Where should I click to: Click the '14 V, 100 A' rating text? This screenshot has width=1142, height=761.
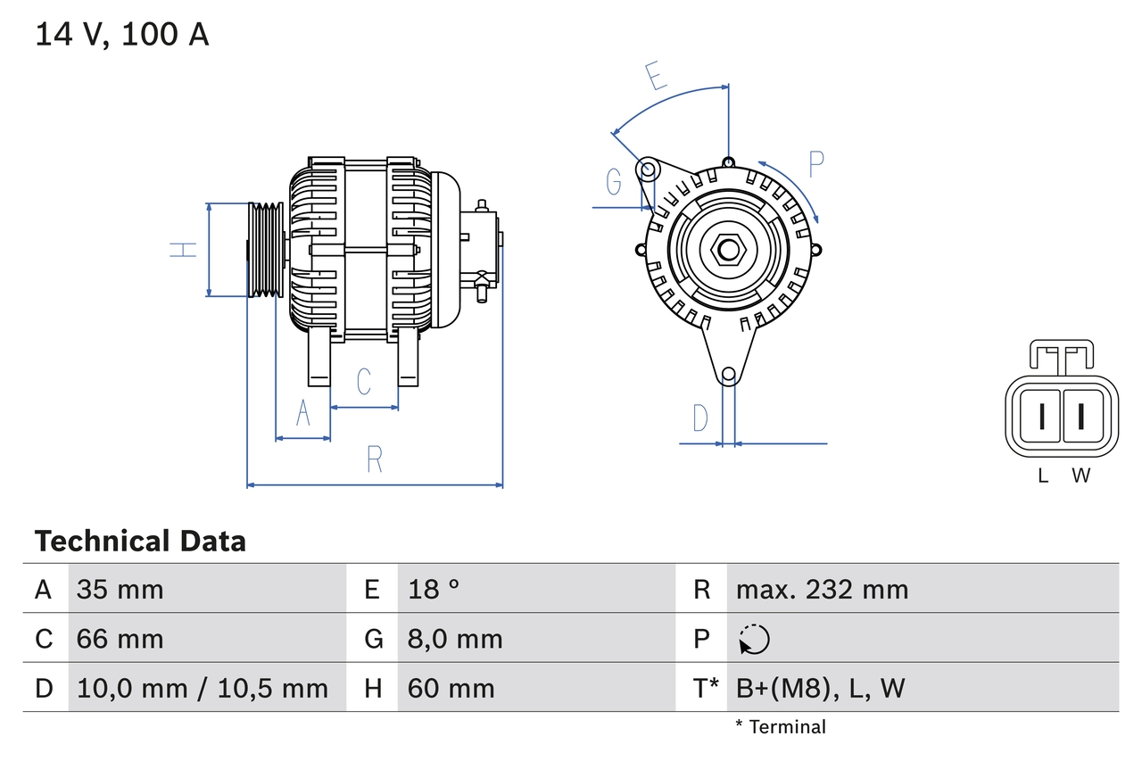pyautogui.click(x=122, y=35)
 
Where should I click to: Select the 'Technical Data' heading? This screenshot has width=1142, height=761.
pyautogui.click(x=140, y=542)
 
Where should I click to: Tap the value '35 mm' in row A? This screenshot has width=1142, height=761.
pyautogui.click(x=120, y=590)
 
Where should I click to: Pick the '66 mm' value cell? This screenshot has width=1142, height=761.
pyautogui.click(x=120, y=639)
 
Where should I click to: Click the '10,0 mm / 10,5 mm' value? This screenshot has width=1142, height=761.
pyautogui.click(x=203, y=688)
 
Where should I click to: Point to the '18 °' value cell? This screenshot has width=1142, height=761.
pyautogui.click(x=434, y=590)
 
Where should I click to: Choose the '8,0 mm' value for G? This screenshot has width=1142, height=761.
pyautogui.click(x=455, y=639)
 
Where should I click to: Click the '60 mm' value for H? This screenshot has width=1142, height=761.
pyautogui.click(x=451, y=688)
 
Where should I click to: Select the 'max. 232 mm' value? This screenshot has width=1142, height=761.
pyautogui.click(x=822, y=590)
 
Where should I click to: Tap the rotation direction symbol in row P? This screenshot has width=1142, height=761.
pyautogui.click(x=754, y=639)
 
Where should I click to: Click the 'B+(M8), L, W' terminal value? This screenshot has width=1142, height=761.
pyautogui.click(x=820, y=688)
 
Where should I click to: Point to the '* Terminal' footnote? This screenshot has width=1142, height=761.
pyautogui.click(x=781, y=727)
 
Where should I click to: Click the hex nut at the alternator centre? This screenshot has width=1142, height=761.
pyautogui.click(x=729, y=250)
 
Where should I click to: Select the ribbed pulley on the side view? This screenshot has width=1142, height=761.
pyautogui.click(x=265, y=250)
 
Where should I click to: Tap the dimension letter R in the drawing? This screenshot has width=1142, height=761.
pyautogui.click(x=375, y=459)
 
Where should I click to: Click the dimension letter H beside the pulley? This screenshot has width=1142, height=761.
pyautogui.click(x=184, y=250)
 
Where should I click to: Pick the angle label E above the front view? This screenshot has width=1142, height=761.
pyautogui.click(x=656, y=77)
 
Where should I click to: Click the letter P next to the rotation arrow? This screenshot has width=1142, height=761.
pyautogui.click(x=815, y=164)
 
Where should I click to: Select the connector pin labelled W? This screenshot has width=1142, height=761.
pyautogui.click(x=1080, y=417)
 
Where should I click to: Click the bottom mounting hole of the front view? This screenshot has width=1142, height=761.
pyautogui.click(x=728, y=375)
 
